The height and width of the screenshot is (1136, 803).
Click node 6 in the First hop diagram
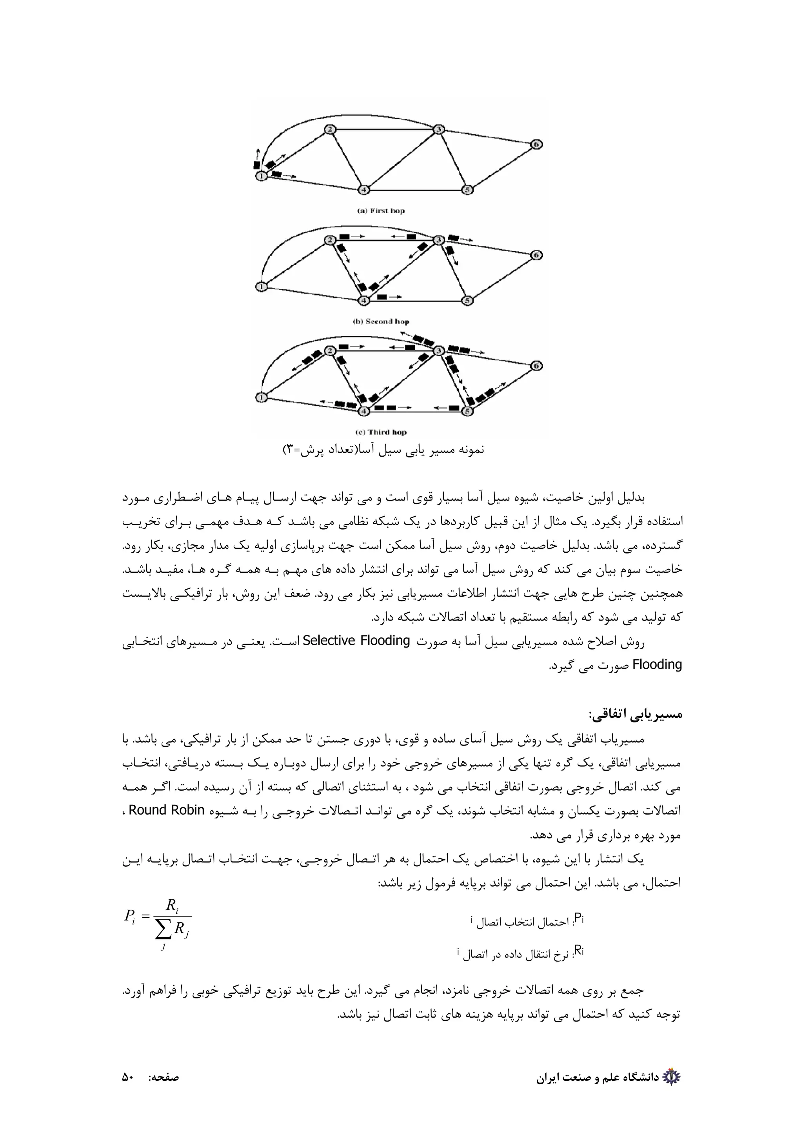coord(536,145)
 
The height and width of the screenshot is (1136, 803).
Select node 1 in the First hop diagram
coord(261,176)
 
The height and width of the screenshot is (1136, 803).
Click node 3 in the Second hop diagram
coord(438,240)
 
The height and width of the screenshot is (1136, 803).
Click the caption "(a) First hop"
coord(381,211)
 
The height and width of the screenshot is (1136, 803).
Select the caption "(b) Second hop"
coord(381,321)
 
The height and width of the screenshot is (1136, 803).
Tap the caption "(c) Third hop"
coord(381,432)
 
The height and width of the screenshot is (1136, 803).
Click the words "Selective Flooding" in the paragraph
coord(356,641)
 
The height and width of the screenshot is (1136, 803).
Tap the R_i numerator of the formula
coord(172,906)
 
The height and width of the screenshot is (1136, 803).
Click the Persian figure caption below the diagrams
coord(383,450)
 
